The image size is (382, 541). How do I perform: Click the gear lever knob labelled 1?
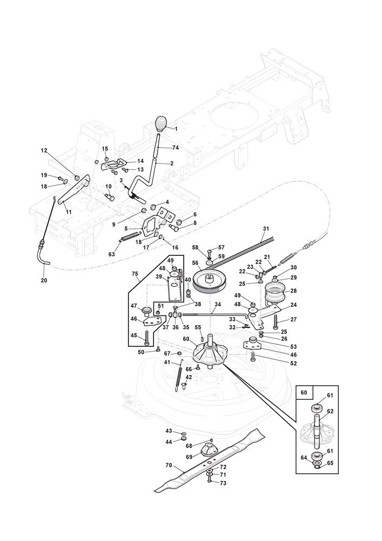tap(162, 124)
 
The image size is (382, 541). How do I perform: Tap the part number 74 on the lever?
tap(175, 147)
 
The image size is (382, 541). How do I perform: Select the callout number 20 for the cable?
tap(43, 281)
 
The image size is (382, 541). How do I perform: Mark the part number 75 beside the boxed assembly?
tap(136, 274)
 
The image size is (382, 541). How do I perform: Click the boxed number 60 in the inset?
tap(303, 392)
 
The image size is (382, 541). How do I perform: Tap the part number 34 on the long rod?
tap(217, 305)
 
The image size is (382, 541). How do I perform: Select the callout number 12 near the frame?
tap(44, 151)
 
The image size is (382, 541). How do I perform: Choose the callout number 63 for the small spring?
tap(112, 254)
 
